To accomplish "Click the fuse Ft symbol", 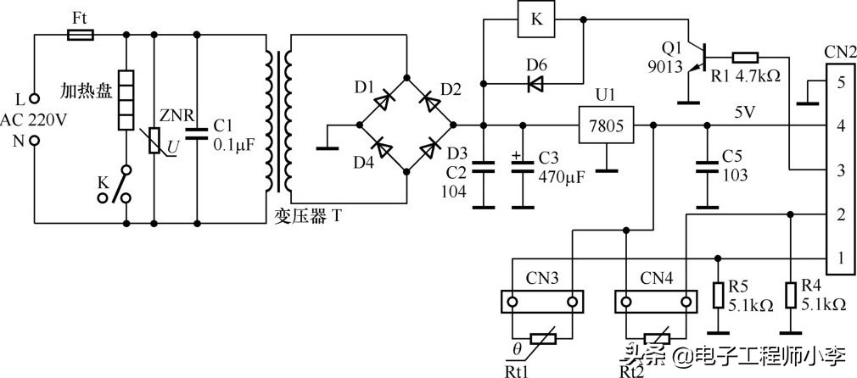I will [x=81, y=35].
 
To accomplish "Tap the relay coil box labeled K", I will [x=536, y=20].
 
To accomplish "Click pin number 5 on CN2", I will [x=840, y=82].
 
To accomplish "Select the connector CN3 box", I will [x=542, y=301].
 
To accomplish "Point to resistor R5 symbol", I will [x=718, y=293].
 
